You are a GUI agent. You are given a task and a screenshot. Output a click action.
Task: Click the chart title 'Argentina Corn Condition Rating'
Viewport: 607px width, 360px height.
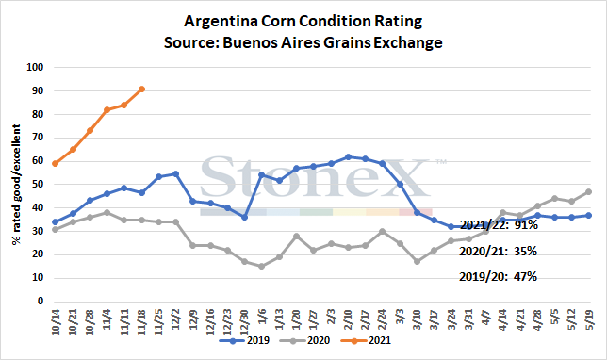click(x=303, y=21)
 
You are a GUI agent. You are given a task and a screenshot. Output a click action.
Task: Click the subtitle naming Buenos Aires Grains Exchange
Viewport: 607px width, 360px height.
click(x=303, y=42)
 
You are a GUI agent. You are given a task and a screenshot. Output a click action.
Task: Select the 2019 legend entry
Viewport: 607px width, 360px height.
click(x=245, y=340)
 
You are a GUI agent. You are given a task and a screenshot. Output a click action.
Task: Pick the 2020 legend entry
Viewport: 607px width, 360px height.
click(x=304, y=340)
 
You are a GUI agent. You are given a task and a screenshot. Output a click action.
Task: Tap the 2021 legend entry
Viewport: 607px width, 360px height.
click(x=366, y=340)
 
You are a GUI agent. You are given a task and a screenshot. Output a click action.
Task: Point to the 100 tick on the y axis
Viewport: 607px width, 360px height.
click(x=35, y=67)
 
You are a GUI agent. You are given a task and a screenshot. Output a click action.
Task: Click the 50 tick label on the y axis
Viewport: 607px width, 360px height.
click(x=38, y=185)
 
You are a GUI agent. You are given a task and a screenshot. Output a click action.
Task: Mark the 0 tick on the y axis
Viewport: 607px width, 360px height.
click(x=41, y=302)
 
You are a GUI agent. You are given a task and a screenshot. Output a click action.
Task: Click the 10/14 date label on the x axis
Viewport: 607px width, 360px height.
click(x=56, y=322)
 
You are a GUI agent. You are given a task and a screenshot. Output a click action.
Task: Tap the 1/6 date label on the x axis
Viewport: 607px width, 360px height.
click(x=262, y=319)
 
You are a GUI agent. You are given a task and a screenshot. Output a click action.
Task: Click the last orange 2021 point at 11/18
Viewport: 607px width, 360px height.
click(x=141, y=90)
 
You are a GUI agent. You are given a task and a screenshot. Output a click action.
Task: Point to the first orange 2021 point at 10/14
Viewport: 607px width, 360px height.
click(x=56, y=163)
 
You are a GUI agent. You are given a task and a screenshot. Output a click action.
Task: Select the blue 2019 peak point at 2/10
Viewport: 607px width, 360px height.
click(x=348, y=156)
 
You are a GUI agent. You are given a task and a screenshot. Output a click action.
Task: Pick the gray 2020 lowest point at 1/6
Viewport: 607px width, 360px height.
click(x=262, y=267)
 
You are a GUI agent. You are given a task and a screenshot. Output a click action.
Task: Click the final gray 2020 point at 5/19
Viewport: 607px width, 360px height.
click(x=589, y=191)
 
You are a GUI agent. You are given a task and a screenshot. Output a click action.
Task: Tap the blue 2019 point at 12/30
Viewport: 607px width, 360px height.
click(x=245, y=217)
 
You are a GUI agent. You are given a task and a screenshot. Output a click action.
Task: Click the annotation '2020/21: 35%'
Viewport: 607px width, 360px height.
click(x=499, y=252)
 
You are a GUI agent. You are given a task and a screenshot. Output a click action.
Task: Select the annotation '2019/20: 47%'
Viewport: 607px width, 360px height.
click(x=499, y=277)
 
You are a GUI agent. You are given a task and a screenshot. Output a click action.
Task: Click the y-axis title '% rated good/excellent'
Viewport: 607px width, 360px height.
click(x=16, y=185)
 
